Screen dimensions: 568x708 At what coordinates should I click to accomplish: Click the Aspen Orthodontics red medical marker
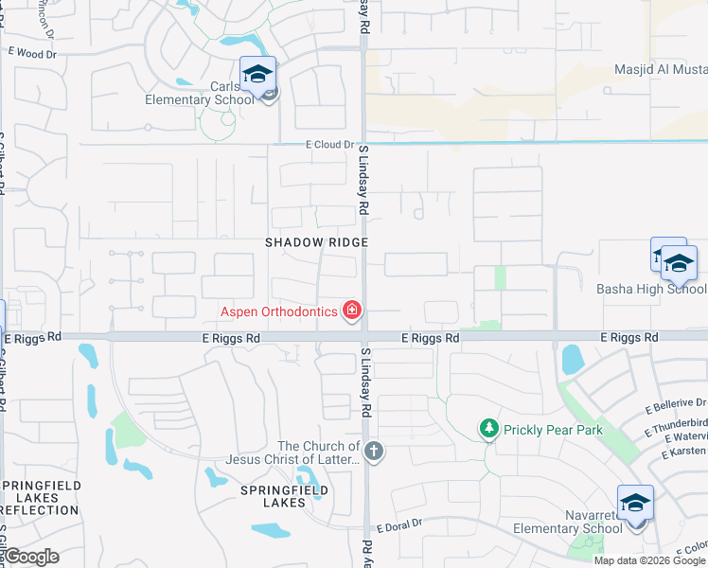coord(352,311)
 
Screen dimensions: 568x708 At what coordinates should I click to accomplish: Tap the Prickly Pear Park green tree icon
coord(488,430)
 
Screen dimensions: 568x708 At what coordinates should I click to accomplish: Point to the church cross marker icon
coord(374,451)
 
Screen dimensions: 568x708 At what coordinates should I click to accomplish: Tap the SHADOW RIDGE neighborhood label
coord(315,242)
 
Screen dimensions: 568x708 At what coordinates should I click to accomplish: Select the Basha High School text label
coord(651,289)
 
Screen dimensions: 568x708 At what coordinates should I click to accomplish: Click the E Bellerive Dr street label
coord(676,404)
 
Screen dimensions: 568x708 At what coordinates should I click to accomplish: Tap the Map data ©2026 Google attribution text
coord(648,559)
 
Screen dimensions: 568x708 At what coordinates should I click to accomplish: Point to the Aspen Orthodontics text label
coord(279,311)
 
